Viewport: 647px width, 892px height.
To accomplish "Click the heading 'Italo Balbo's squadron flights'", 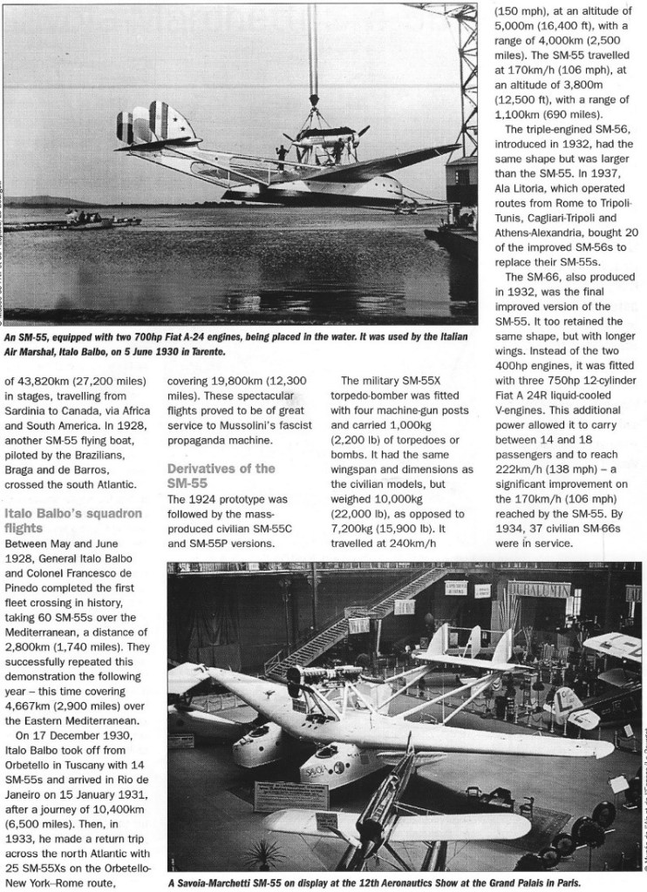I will [x=73, y=520].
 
